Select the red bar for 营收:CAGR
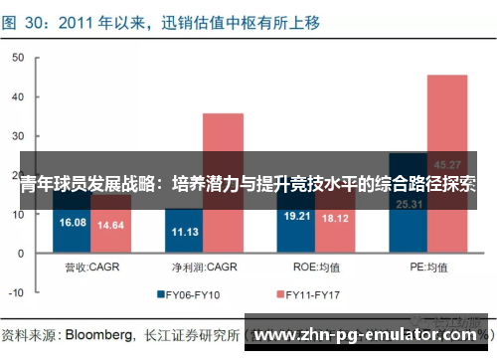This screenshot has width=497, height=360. (x=110, y=228)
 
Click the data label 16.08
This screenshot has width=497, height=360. (x=75, y=223)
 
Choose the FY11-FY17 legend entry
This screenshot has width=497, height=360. (x=314, y=295)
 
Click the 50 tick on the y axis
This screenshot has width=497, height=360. (x=18, y=59)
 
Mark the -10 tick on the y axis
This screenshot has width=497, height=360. (x=16, y=294)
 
